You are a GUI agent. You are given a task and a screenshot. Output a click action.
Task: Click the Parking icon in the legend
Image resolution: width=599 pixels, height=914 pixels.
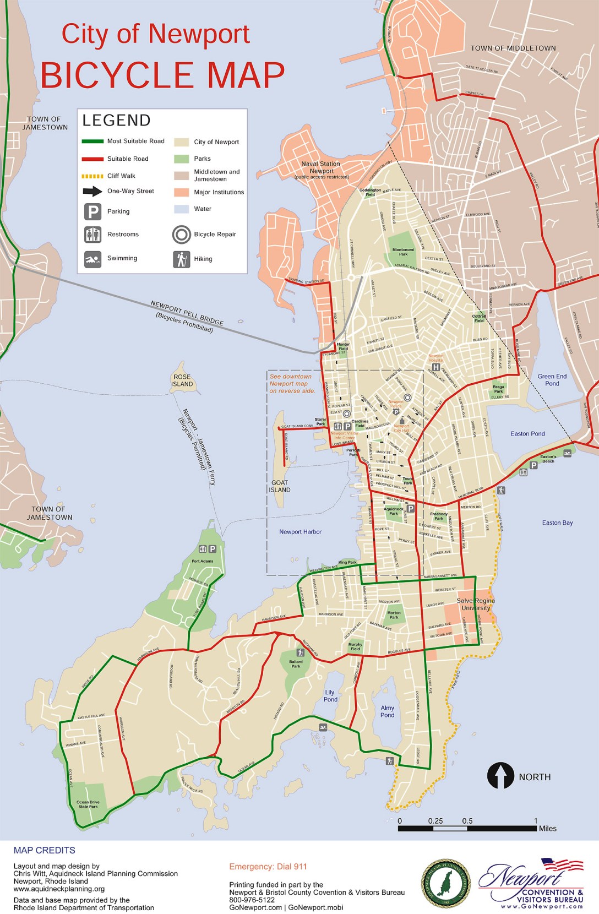92,211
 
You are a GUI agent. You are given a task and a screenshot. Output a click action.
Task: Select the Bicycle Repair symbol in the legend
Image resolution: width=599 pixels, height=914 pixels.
181,235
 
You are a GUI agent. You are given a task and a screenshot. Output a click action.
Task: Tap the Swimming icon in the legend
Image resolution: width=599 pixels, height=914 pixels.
92,259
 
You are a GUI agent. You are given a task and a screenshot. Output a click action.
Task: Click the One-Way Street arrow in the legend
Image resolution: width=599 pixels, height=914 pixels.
92,191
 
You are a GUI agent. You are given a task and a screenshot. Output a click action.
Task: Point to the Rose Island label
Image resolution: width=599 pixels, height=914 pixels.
182,380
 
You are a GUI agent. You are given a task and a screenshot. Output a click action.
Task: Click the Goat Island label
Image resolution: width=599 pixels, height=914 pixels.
280,486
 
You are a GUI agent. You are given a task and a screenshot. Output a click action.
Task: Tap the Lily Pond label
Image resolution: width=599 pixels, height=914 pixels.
330,696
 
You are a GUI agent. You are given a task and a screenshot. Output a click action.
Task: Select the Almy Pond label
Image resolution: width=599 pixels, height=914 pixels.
388,711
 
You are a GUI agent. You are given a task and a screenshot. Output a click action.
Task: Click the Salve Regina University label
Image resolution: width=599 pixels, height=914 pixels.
476,604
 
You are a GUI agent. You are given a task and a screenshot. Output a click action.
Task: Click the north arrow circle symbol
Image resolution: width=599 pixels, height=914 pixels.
500,776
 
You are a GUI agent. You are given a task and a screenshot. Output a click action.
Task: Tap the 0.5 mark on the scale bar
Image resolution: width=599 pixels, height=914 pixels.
467,821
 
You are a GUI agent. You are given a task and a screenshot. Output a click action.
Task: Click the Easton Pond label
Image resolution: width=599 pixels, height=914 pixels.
527,434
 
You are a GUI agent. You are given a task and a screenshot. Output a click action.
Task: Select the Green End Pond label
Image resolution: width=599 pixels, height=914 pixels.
552,380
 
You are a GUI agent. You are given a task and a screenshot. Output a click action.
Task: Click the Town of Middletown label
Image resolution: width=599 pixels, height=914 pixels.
513,48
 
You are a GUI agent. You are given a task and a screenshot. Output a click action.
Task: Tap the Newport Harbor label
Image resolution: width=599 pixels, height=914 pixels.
300,532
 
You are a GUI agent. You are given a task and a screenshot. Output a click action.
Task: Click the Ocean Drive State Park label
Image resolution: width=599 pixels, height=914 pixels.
88,804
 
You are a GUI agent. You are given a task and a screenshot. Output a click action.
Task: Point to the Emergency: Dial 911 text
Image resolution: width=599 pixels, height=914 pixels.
268,867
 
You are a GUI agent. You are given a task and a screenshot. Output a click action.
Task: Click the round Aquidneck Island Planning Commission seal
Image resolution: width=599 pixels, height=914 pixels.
446,883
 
